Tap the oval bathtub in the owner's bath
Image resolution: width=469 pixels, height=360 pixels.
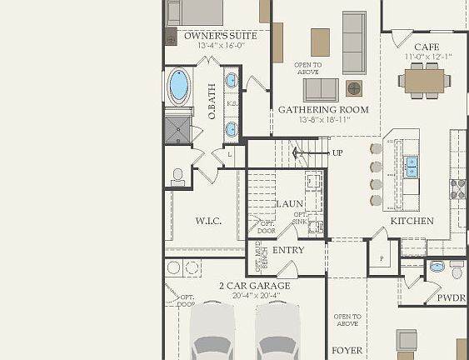point(178,85)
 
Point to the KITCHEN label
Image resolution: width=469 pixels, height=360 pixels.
point(412,221)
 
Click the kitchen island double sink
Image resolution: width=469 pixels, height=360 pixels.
point(412,167)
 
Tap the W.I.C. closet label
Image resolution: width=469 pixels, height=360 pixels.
point(207,221)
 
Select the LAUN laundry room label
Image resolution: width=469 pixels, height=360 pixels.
point(289,203)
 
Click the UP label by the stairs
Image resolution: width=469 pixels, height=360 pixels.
point(337,152)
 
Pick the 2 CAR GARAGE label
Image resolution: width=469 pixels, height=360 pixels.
point(255,286)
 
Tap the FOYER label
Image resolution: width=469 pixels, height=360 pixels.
point(347,351)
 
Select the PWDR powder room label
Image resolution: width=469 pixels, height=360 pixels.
point(451,297)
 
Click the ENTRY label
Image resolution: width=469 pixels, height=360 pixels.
point(288,250)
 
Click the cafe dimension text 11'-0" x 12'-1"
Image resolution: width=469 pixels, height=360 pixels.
point(427,57)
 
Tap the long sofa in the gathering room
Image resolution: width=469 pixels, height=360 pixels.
point(354,42)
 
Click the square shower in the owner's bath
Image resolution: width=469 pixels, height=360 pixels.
point(177,128)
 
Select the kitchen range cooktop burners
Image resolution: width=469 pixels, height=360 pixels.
point(457,189)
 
